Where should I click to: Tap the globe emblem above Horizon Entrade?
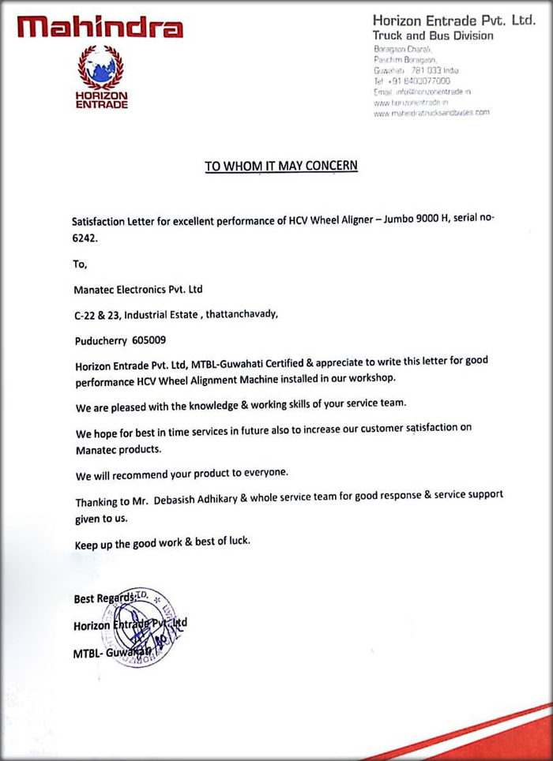(100, 69)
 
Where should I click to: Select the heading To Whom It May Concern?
(281, 166)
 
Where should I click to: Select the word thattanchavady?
(241, 314)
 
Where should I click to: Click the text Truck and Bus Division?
(433, 36)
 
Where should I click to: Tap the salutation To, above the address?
(80, 264)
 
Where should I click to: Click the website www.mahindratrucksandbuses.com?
(431, 113)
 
